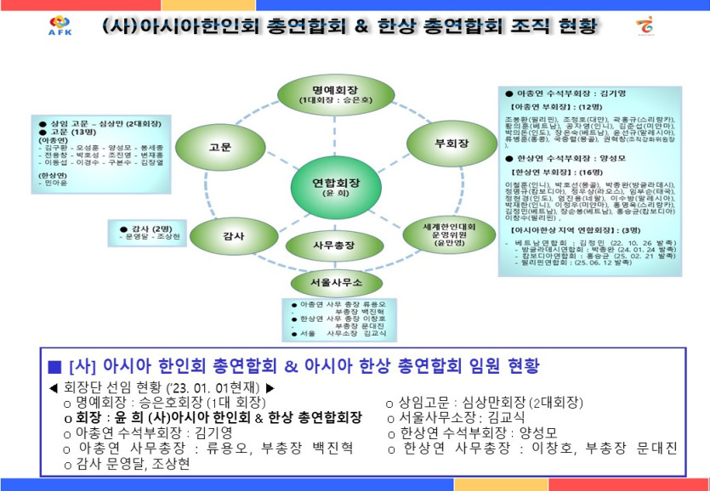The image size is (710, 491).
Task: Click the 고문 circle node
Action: tap(219, 146)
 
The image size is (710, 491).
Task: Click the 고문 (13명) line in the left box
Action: tap(64, 132)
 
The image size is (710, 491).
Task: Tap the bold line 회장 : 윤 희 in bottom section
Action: tap(213, 418)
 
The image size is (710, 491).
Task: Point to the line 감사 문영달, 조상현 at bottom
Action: tap(127, 464)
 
